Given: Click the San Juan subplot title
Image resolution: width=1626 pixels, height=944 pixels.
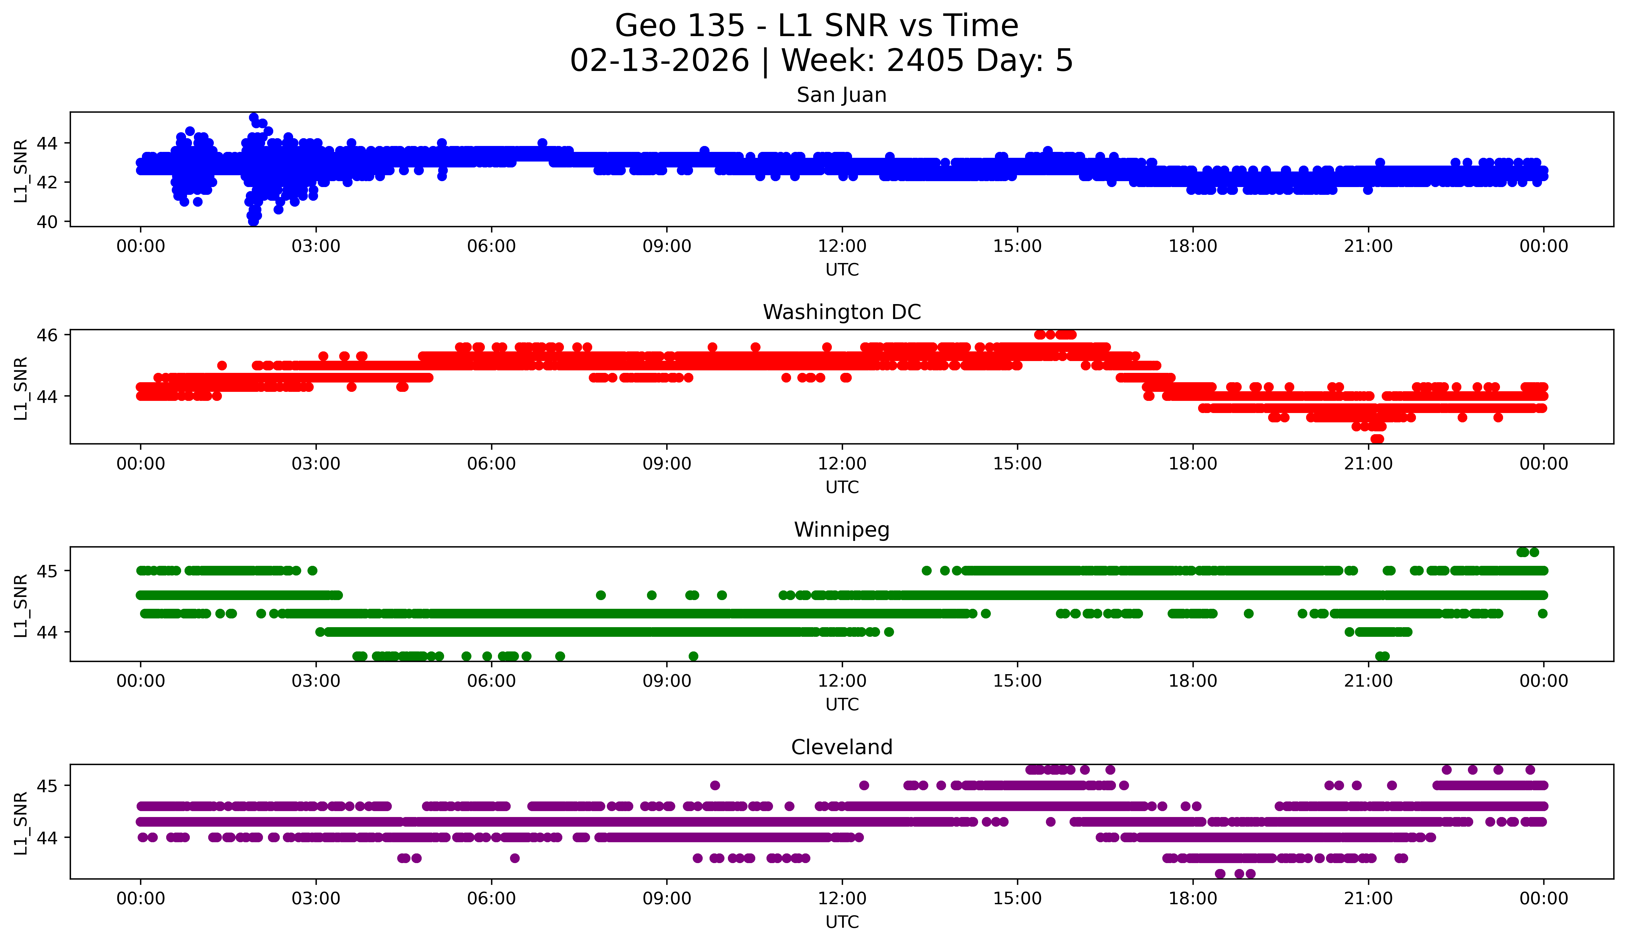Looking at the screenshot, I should tap(841, 95).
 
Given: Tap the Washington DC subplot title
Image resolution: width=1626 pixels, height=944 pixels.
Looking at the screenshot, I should tap(841, 312).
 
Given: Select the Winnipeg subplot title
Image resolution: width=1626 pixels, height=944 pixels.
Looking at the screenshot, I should tap(841, 530).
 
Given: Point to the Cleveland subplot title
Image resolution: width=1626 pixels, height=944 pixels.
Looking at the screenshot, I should tap(841, 747).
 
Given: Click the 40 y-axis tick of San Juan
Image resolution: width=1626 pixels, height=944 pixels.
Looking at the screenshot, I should tap(47, 222).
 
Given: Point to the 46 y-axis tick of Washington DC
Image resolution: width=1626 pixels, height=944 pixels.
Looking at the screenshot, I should tap(47, 335).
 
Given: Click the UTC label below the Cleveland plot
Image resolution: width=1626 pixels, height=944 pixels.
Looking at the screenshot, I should tap(841, 922).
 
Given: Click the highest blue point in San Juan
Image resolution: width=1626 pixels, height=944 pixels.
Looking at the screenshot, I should tap(254, 117).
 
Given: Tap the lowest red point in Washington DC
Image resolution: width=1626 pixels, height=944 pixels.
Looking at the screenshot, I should tap(1377, 439).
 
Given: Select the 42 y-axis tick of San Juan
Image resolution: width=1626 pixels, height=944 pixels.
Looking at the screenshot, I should tap(47, 183).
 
